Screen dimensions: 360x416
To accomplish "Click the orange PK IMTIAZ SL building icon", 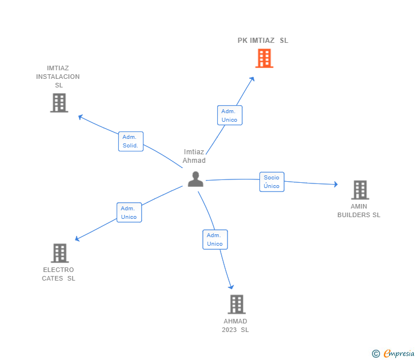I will tap(264, 58).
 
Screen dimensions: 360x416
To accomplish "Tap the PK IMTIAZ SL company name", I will tap(263, 41).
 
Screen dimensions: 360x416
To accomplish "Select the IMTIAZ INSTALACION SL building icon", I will tap(59, 103).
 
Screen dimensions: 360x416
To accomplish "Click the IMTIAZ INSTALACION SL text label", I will tap(58, 77).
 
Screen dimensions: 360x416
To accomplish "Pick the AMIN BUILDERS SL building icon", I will tap(359, 190).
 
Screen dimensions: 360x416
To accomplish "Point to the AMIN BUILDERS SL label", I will tap(359, 211).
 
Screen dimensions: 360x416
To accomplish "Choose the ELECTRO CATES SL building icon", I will tap(59, 253).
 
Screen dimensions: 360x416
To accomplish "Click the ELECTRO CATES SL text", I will tap(58, 274).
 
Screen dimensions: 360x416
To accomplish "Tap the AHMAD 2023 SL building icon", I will tap(237, 305).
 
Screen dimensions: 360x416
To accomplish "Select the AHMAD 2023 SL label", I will tap(235, 326).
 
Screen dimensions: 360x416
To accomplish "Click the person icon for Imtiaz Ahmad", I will tap(195, 179).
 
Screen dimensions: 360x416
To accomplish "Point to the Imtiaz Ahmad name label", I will tap(194, 156).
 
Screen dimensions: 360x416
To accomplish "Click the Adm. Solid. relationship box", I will tap(130, 141).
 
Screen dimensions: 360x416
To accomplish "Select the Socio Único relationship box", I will tap(272, 182).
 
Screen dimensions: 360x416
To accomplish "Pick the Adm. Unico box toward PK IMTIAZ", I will tap(230, 115).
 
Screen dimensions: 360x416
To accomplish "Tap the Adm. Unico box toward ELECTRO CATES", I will tap(129, 213).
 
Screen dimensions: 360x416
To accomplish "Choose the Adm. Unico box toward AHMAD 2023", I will tap(215, 239).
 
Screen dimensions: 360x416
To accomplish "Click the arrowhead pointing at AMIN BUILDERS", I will tap(336, 184).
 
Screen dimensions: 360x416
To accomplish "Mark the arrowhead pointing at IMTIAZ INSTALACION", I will tap(80, 117).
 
